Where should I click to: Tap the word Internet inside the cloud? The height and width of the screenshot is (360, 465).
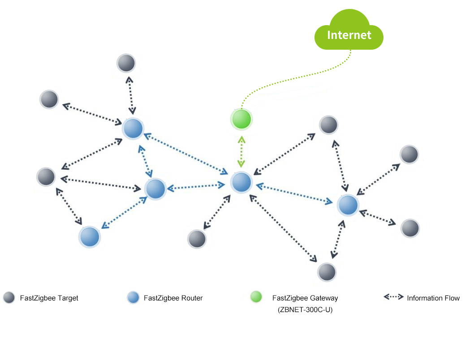tap(349, 35)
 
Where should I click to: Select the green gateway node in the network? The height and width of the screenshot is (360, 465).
tap(241, 119)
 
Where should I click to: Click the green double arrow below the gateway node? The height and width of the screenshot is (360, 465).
tap(241, 151)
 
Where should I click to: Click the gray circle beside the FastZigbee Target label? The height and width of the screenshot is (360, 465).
tap(9, 298)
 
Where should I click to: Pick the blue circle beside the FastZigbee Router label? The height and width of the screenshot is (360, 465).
tap(133, 298)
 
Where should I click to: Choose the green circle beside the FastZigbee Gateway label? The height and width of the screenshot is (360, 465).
tap(256, 297)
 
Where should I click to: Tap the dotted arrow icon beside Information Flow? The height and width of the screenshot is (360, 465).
tap(393, 297)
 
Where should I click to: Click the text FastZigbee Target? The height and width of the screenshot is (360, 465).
tap(49, 298)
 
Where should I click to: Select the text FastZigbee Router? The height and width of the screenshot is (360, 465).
tap(173, 298)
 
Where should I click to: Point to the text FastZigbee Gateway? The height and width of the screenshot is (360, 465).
tap(305, 298)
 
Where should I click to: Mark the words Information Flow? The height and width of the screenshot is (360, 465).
tap(433, 298)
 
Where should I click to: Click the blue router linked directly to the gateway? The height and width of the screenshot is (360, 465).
tap(241, 182)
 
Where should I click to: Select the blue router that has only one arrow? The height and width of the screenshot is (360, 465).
tap(89, 236)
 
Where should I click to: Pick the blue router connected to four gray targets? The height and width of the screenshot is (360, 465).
tap(348, 205)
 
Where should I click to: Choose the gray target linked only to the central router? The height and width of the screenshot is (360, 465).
tap(197, 239)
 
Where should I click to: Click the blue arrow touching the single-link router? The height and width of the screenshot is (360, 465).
tap(123, 213)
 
